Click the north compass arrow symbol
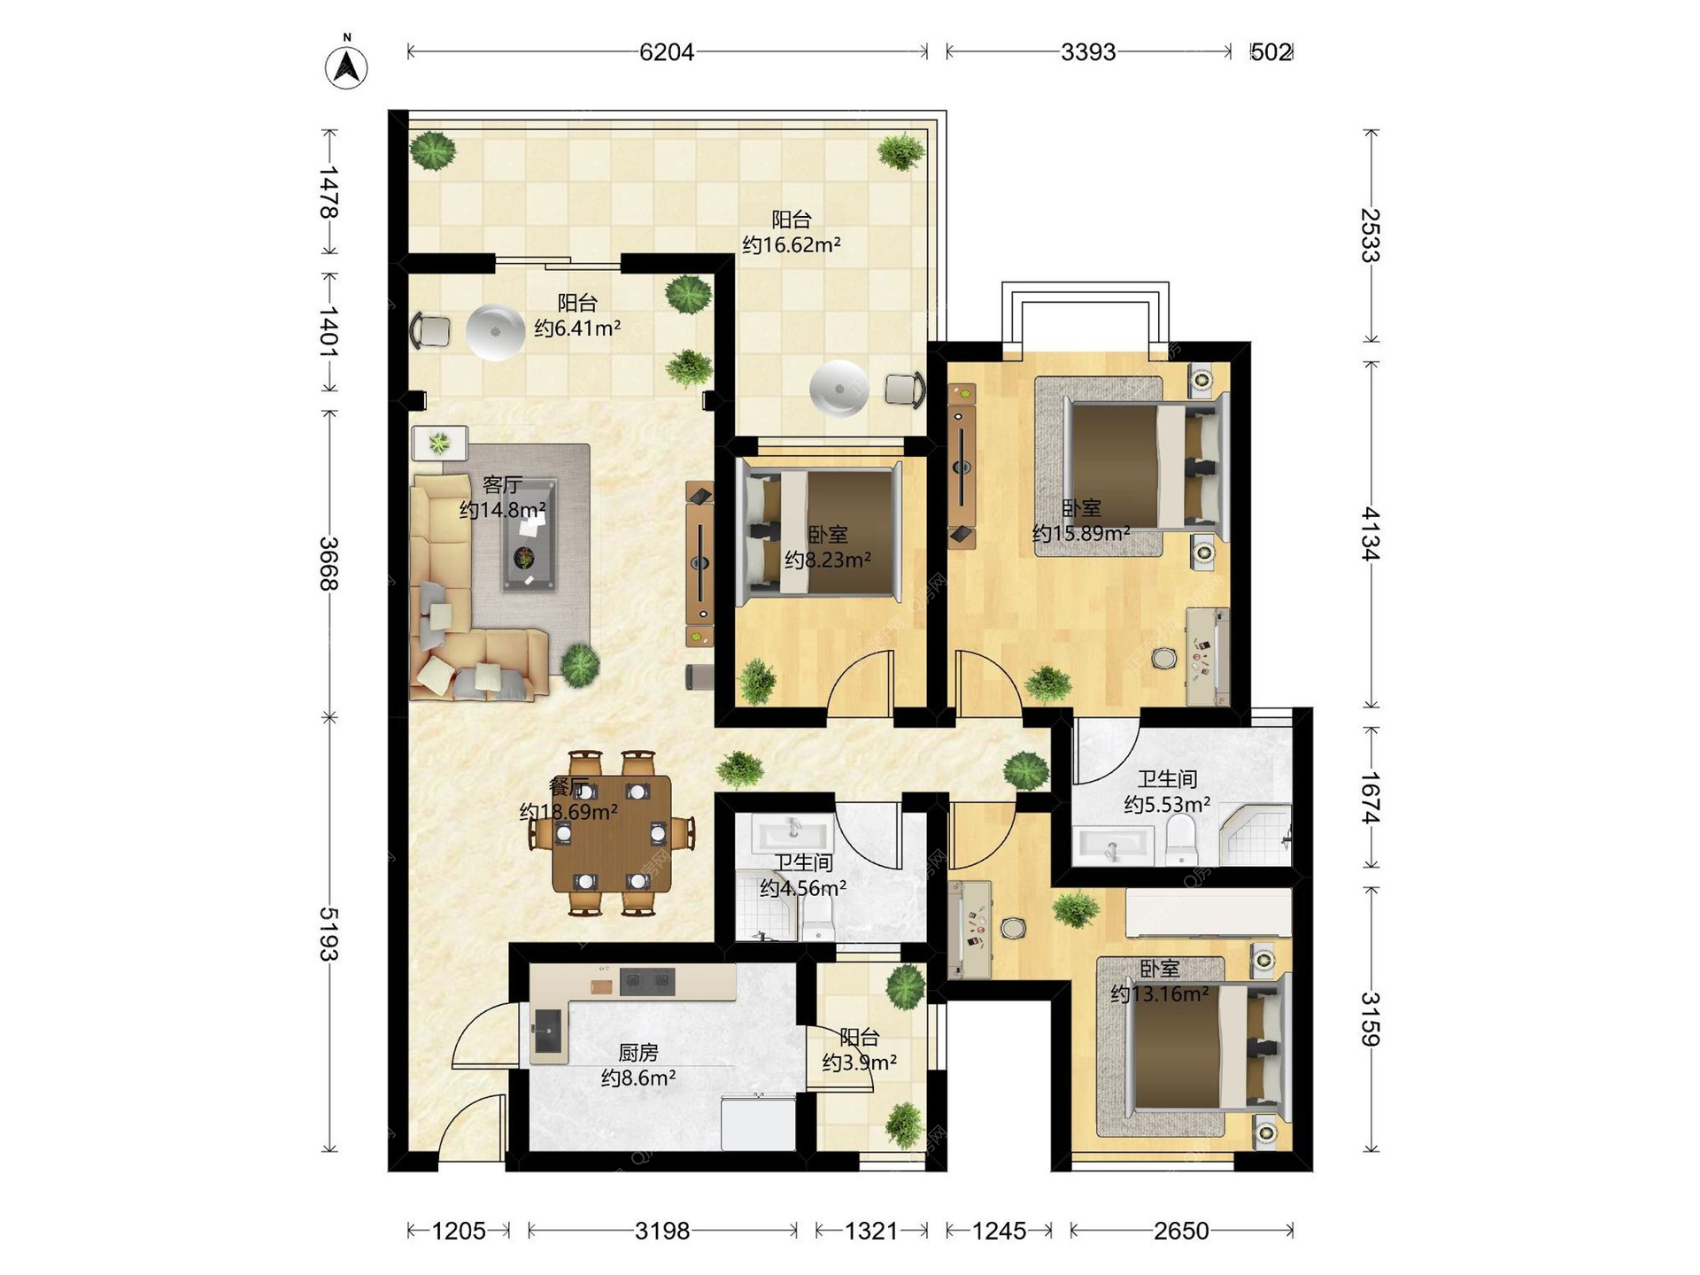point(346,65)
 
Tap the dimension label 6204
point(667,52)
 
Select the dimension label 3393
point(1088,52)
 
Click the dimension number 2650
point(1181,1231)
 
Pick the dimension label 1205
point(459,1231)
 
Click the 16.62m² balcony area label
point(792,245)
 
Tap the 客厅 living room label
point(502,485)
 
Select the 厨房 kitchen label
point(638,1053)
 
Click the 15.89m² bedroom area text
point(1081,533)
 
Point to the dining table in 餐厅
point(611,833)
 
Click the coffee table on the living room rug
point(529,535)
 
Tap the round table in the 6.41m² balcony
point(495,332)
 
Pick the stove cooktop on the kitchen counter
point(647,981)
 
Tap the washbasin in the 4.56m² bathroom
point(792,832)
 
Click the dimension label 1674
point(1371,798)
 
